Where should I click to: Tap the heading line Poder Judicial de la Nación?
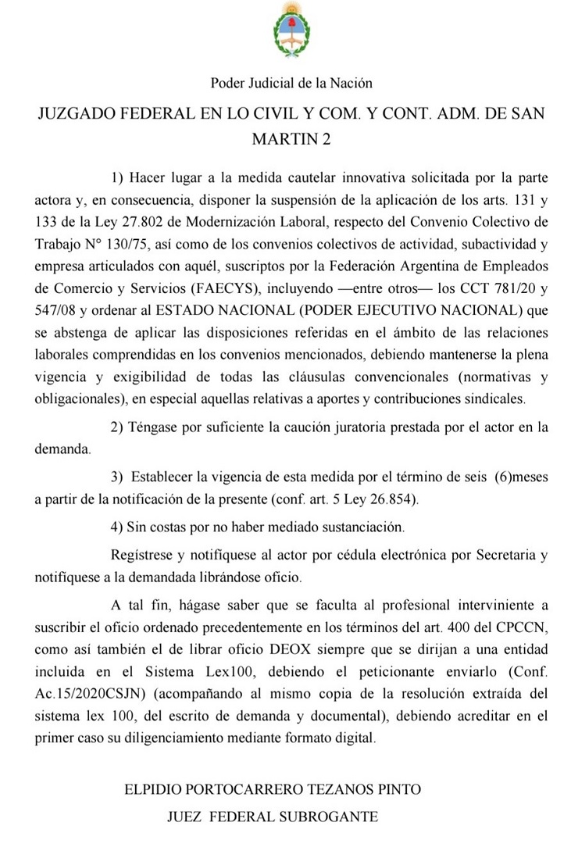[x=291, y=82]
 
